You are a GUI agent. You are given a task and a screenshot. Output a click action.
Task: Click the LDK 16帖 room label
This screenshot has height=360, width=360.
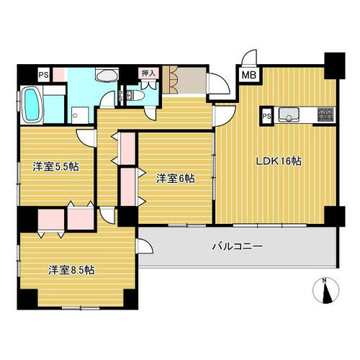tap(279, 161)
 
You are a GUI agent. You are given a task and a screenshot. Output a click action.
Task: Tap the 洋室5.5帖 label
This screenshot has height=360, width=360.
tap(56, 166)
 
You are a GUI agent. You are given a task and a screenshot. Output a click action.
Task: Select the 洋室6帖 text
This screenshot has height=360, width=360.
tap(176, 179)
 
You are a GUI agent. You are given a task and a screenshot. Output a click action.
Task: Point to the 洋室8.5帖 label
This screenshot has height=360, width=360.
tap(71, 270)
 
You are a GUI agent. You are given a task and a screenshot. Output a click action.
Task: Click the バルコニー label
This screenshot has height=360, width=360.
tap(238, 246)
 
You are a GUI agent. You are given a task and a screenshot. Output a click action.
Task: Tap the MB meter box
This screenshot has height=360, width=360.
tap(249, 75)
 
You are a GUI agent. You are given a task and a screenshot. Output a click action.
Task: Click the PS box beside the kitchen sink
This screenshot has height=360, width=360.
tap(266, 116)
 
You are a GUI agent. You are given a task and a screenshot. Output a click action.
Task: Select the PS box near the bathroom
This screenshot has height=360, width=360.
tap(44, 75)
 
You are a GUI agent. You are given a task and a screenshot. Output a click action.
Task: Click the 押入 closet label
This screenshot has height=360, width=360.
tap(148, 73)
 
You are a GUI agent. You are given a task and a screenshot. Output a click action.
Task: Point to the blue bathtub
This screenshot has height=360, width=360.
tap(32, 104)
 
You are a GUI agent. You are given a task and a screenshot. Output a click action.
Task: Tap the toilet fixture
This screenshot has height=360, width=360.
tap(135, 96)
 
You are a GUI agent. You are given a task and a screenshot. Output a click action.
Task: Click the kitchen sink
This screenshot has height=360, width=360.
tap(289, 114)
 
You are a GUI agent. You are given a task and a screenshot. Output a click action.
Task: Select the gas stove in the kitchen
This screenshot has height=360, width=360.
tap(325, 114)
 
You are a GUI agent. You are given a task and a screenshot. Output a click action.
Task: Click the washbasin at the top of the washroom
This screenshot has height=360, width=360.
tap(107, 74)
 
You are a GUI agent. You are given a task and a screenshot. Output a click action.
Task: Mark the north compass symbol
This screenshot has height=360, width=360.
tap(326, 291)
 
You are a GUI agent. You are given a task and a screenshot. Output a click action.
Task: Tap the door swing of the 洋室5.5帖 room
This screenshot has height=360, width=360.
tap(86, 138)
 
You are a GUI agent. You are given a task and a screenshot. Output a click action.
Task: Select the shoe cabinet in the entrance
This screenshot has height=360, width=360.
tap(170, 80)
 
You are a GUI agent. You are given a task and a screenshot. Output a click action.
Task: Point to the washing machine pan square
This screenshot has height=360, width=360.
tap(80, 115)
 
